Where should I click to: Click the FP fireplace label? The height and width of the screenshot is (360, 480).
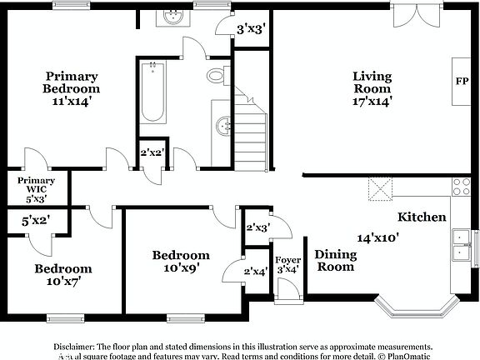tap(461, 82)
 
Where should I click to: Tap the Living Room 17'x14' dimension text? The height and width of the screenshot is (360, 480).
tap(372, 102)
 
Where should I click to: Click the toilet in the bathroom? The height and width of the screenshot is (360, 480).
tap(217, 77)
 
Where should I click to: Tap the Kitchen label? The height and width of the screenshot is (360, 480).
tap(421, 217)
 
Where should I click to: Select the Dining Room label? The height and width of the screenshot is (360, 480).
tap(334, 261)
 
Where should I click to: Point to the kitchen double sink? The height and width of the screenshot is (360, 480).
tap(459, 244)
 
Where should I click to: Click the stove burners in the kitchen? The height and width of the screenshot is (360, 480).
tap(460, 186)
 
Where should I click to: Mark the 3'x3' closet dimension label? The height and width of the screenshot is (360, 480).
tap(251, 29)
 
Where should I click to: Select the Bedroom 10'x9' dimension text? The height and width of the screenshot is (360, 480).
tap(181, 267)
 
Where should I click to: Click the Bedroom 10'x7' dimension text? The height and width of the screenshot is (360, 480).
tap(62, 282)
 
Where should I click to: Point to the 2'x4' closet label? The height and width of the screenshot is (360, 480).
tap(256, 270)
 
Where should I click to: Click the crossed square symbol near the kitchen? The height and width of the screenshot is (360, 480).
tap(381, 188)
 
